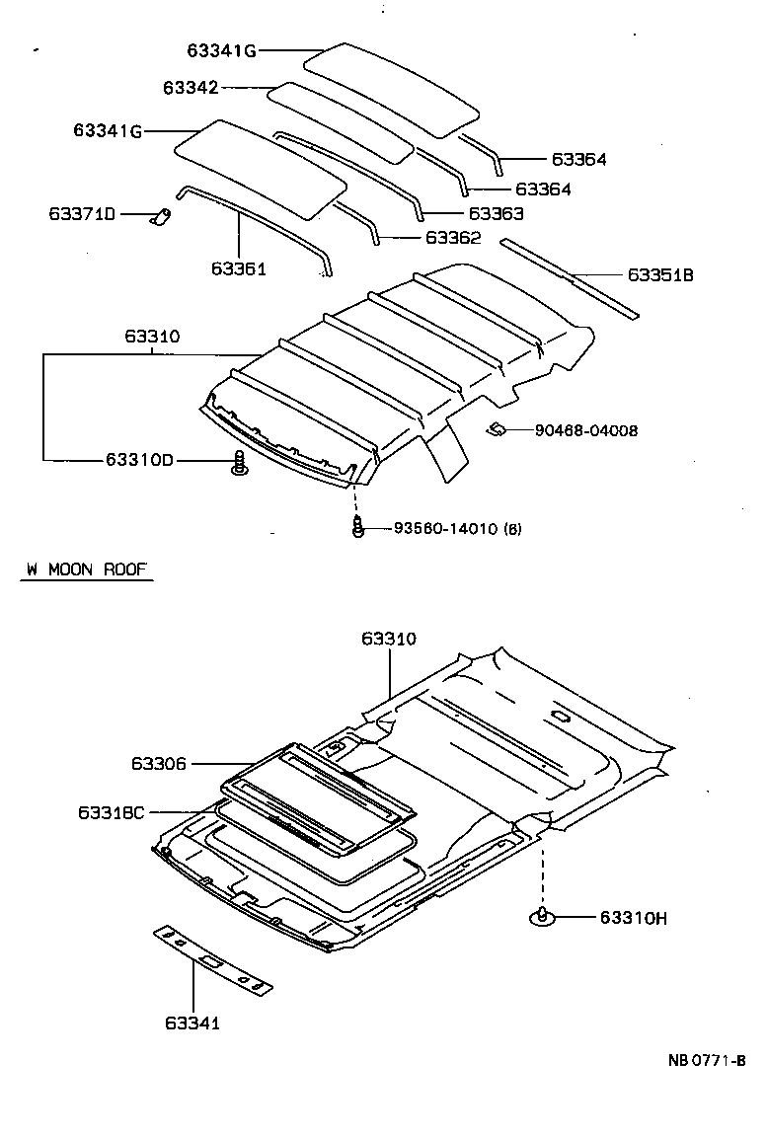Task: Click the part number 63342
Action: (191, 88)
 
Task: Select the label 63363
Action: (496, 214)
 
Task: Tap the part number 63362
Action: (453, 238)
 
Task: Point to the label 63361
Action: (238, 267)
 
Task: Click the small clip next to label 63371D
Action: (159, 215)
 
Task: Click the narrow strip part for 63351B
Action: (570, 279)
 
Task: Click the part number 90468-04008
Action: (586, 430)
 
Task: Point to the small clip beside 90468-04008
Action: (498, 428)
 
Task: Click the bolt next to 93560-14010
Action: (357, 527)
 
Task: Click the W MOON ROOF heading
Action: (87, 569)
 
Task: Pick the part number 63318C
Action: (111, 811)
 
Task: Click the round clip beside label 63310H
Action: (542, 917)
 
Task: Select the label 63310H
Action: (633, 918)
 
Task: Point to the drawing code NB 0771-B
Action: (705, 1061)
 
